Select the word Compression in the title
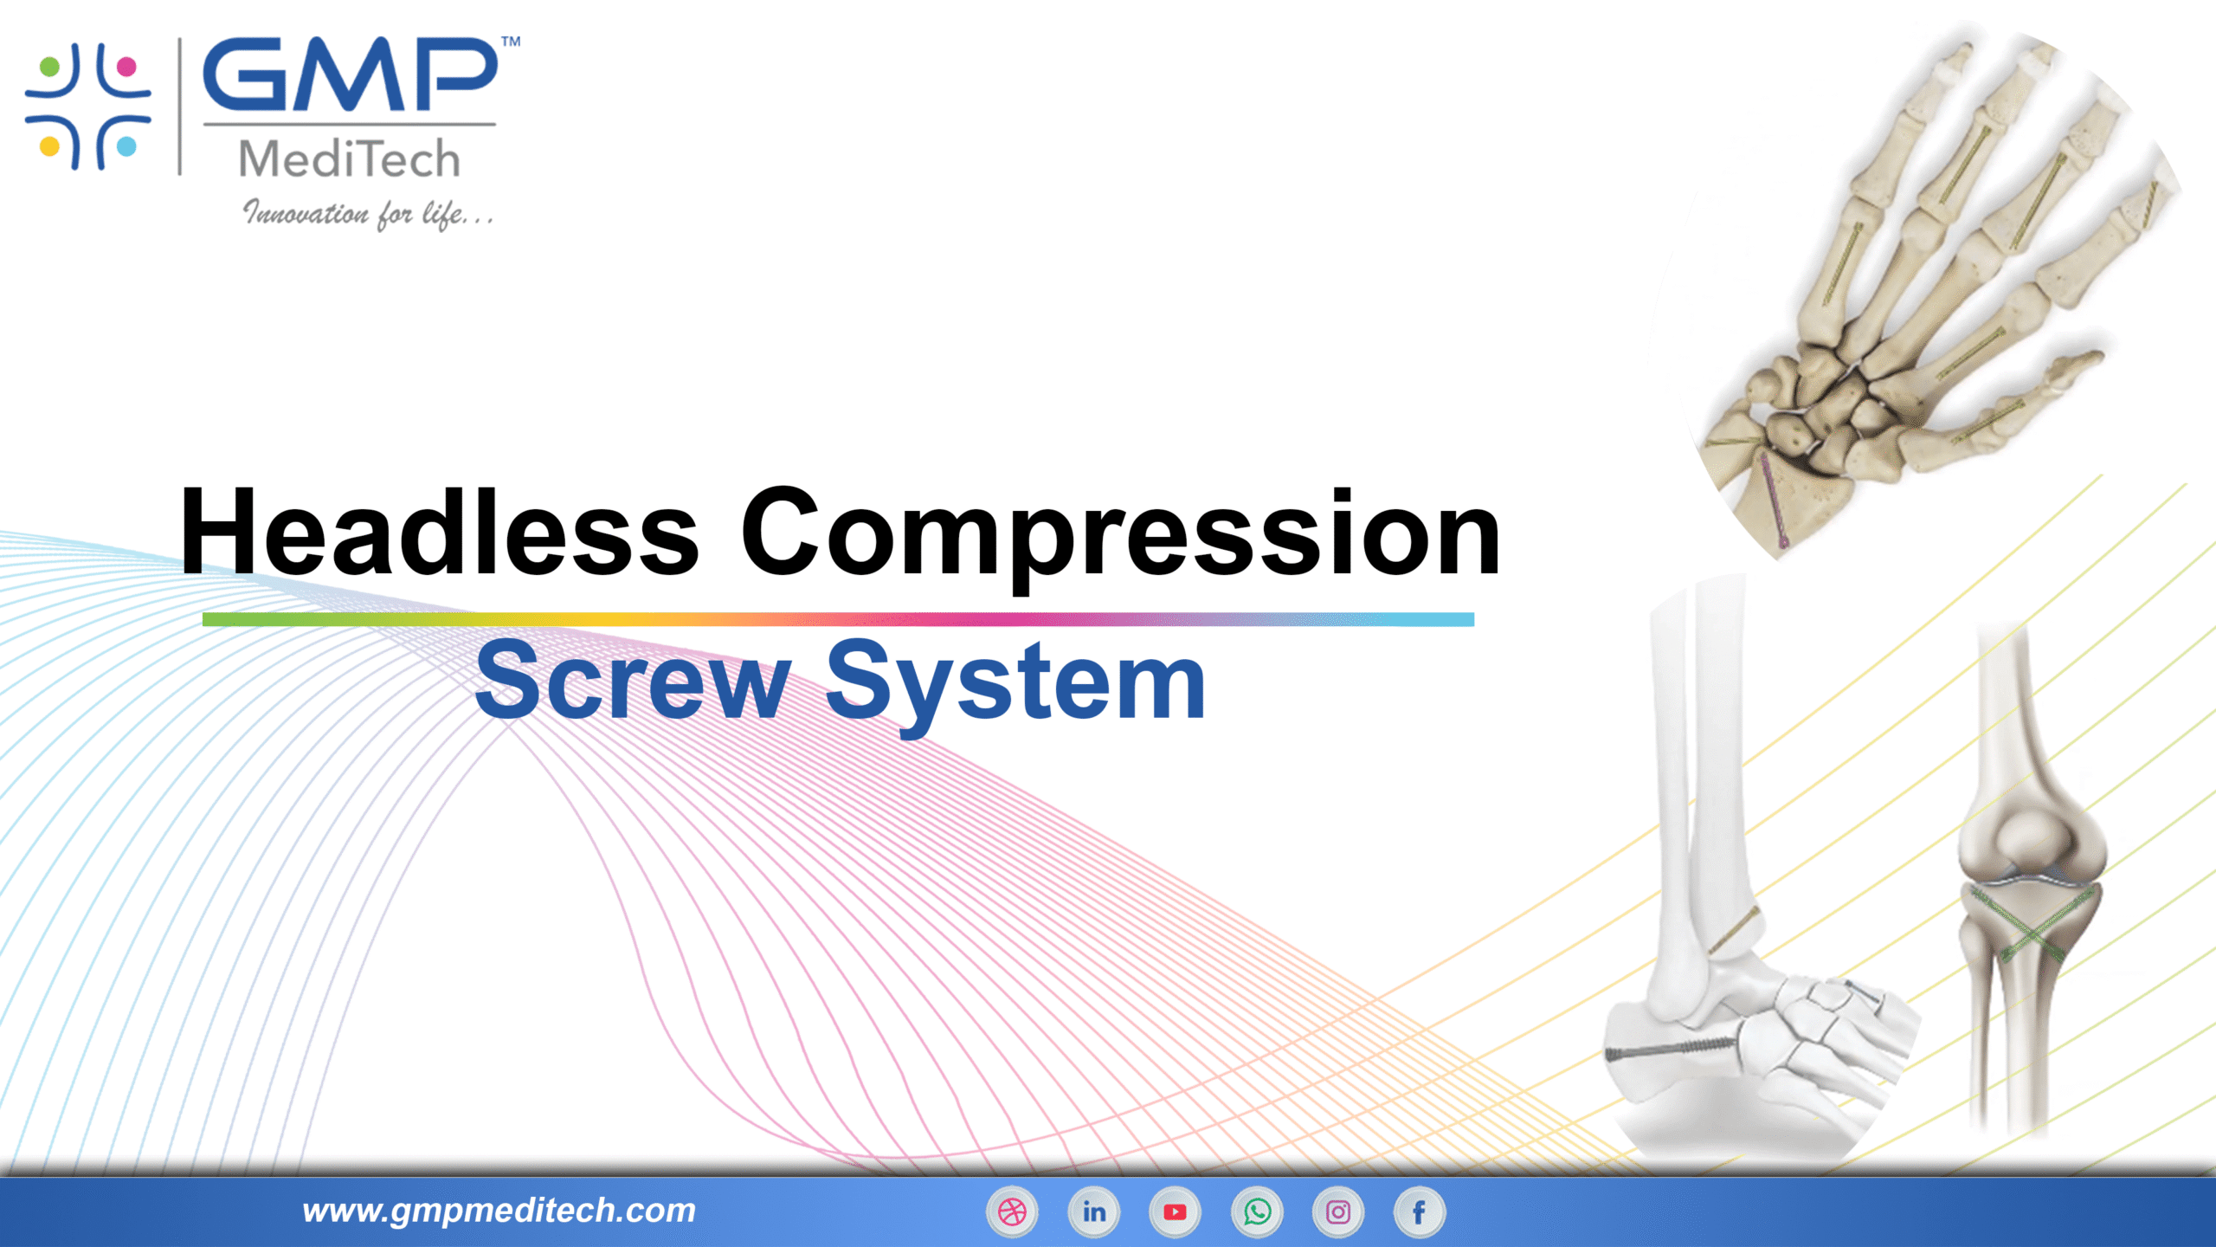pyautogui.click(x=1120, y=533)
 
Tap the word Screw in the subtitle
pyautogui.click(x=633, y=682)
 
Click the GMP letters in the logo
pyautogui.click(x=350, y=75)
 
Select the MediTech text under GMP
pyautogui.click(x=349, y=159)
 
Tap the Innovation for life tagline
pyautogui.click(x=368, y=214)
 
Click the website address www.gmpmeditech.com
pyautogui.click(x=499, y=1211)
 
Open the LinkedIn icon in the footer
pyautogui.click(x=1093, y=1211)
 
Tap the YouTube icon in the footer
pyautogui.click(x=1175, y=1211)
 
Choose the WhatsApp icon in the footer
pyautogui.click(x=1257, y=1211)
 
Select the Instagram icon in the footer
pyautogui.click(x=1338, y=1211)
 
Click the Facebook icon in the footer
pyautogui.click(x=1420, y=1211)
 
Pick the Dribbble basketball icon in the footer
pyautogui.click(x=1012, y=1211)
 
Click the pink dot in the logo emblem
pyautogui.click(x=126, y=67)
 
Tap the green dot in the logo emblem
pyautogui.click(x=50, y=67)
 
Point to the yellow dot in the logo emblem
pyautogui.click(x=50, y=145)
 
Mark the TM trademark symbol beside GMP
pyautogui.click(x=511, y=42)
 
